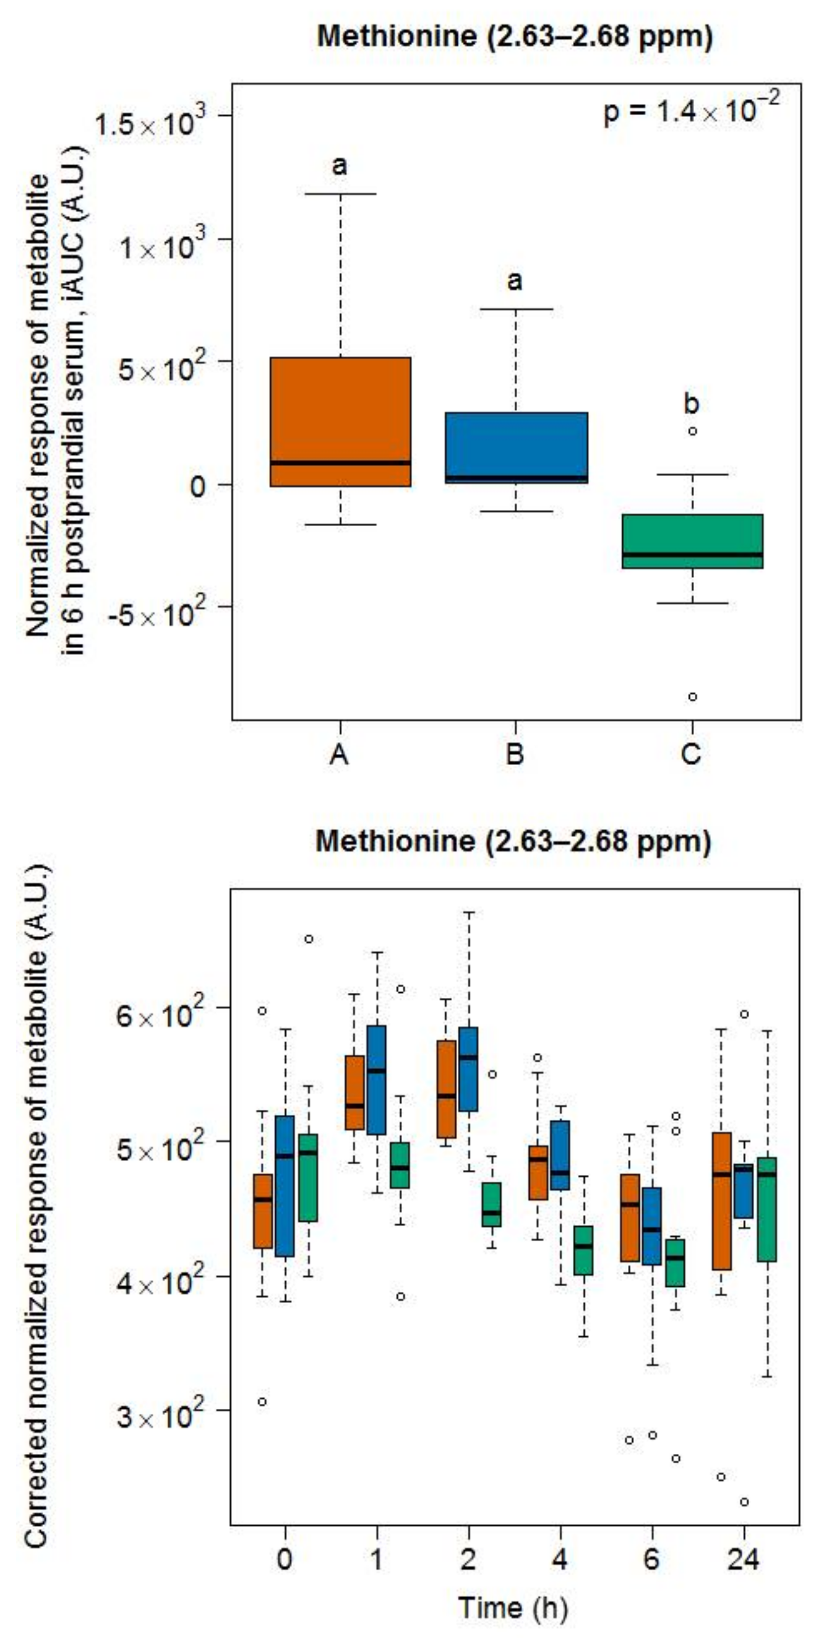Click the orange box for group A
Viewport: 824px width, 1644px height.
tap(340, 421)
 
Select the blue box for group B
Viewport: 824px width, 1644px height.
tap(516, 448)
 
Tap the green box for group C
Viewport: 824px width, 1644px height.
tap(692, 541)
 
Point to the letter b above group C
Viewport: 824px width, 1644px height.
tap(692, 404)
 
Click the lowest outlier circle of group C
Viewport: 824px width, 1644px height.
tap(692, 697)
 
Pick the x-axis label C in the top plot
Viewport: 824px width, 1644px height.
tap(692, 755)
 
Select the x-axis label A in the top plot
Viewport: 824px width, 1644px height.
tap(339, 755)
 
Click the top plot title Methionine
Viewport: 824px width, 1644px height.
tap(514, 37)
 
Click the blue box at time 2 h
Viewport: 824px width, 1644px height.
tap(469, 1068)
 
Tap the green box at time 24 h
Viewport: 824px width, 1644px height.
tap(767, 1209)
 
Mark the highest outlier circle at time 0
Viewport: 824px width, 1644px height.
tap(309, 939)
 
